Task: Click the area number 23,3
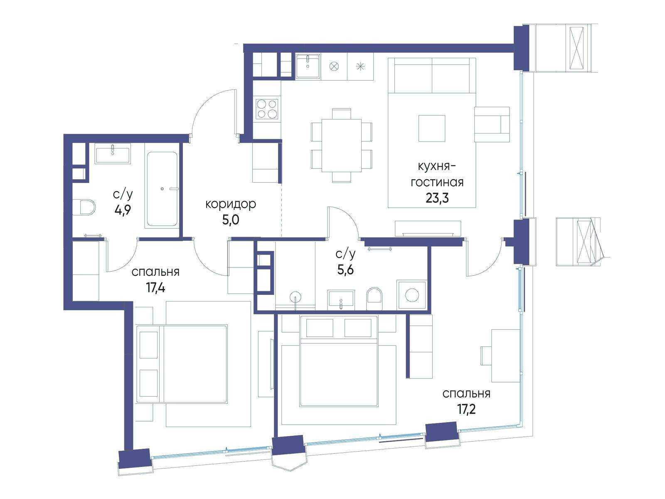(x=437, y=198)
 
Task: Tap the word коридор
(x=231, y=204)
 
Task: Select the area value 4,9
(x=122, y=210)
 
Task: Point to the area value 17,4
(x=156, y=287)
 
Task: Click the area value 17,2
(x=466, y=409)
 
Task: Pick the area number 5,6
(x=345, y=269)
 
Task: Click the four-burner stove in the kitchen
(x=267, y=109)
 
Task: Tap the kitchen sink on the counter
(x=308, y=67)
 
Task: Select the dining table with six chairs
(x=342, y=146)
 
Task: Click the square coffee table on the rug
(x=432, y=128)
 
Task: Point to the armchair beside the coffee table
(x=492, y=124)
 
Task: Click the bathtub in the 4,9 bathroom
(x=162, y=189)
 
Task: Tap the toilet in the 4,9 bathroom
(x=84, y=207)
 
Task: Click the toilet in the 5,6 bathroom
(x=374, y=299)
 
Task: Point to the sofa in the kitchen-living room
(x=432, y=75)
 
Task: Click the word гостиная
(x=437, y=183)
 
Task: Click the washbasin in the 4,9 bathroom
(x=113, y=153)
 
